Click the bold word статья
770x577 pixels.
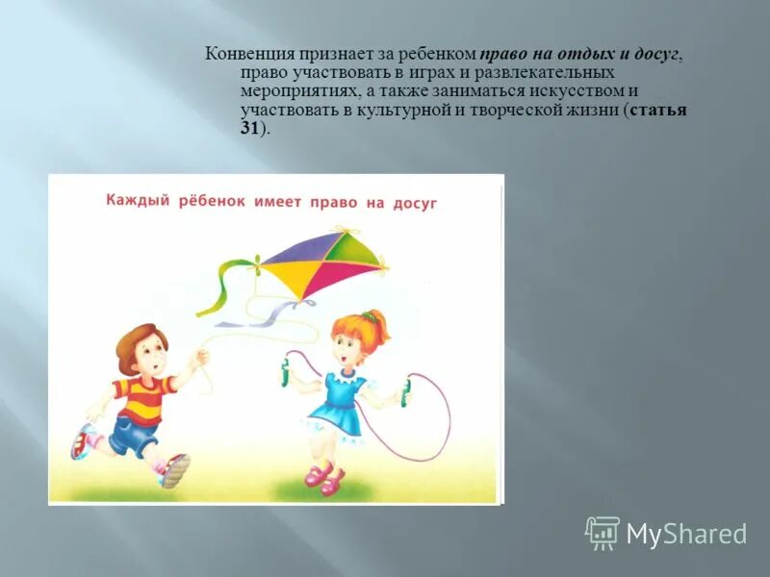point(658,110)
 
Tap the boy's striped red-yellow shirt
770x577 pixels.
point(141,396)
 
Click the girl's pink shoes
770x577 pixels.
point(324,477)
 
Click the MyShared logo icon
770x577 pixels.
point(603,533)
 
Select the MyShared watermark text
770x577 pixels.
point(686,534)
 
